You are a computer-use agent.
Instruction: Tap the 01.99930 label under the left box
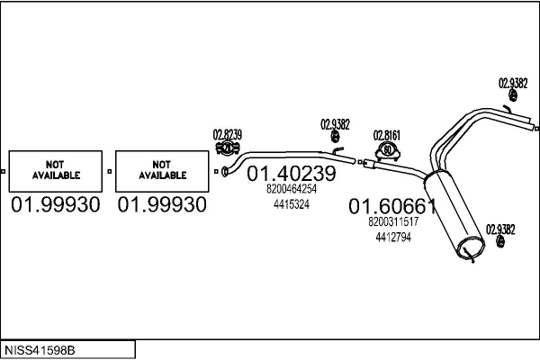56,204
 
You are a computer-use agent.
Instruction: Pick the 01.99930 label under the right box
162,204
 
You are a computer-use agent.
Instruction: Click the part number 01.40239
292,174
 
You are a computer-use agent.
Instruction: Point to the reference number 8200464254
292,189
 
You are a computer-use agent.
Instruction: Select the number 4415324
292,204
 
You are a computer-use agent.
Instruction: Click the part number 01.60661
392,206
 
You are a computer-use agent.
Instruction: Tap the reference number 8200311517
393,221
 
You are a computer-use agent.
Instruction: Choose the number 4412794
393,237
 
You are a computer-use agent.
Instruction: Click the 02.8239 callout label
228,134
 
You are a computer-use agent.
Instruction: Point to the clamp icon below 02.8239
228,148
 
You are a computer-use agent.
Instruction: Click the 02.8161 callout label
387,135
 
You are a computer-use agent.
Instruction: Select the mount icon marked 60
387,151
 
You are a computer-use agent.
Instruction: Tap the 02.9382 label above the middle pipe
335,124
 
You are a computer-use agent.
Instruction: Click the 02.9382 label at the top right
513,84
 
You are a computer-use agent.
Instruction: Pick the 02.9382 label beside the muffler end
500,229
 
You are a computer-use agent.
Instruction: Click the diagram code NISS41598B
40,350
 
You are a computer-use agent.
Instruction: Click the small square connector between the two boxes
110,171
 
